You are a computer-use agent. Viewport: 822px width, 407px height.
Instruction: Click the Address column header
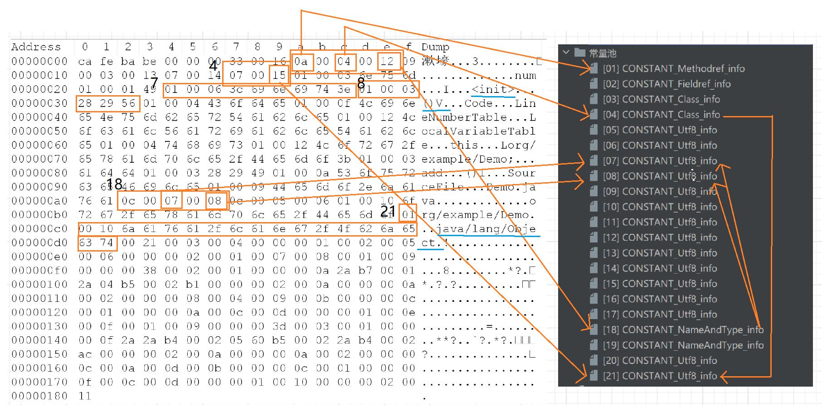36,47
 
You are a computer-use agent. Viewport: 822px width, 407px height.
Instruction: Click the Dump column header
435,47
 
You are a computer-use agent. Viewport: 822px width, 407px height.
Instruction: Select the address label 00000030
39,103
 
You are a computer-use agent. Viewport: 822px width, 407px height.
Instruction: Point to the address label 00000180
39,396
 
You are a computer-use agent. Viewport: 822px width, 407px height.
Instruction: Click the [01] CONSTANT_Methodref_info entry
674,69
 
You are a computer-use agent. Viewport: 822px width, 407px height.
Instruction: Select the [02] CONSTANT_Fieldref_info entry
666,84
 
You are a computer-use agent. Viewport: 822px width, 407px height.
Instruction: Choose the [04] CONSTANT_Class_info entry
661,115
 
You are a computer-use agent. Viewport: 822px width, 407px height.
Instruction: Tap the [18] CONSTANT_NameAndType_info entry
683,330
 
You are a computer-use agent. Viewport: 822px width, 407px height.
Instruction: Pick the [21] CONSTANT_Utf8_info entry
660,376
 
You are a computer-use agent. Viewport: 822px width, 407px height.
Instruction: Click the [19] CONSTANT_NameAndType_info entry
683,345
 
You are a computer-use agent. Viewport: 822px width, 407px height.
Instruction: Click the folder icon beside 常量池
579,53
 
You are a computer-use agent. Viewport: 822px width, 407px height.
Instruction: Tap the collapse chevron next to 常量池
566,53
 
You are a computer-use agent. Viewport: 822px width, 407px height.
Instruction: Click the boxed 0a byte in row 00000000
301,61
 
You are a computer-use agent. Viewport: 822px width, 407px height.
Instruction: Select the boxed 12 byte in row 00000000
387,61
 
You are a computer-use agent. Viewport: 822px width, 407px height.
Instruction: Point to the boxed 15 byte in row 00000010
279,75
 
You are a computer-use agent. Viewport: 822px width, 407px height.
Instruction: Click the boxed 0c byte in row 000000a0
128,201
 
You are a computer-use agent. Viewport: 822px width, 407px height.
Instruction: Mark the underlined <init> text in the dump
493,89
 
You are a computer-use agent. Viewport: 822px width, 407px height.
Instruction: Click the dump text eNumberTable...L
478,117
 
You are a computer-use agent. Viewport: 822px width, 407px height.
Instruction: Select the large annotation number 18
115,184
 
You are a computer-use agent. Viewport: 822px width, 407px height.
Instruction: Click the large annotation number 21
388,210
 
